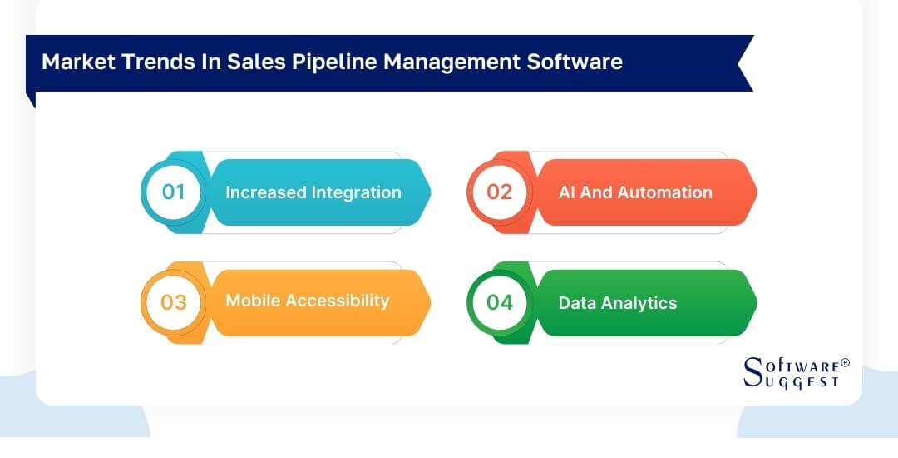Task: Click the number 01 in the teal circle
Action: tap(173, 192)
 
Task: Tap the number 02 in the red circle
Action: tap(500, 192)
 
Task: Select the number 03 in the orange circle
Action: tap(173, 301)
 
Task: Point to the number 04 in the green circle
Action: tap(500, 301)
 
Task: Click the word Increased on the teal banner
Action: tap(265, 192)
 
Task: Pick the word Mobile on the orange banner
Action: tap(252, 301)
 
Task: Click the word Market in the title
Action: tap(73, 62)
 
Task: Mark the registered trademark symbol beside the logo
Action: tap(845, 363)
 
